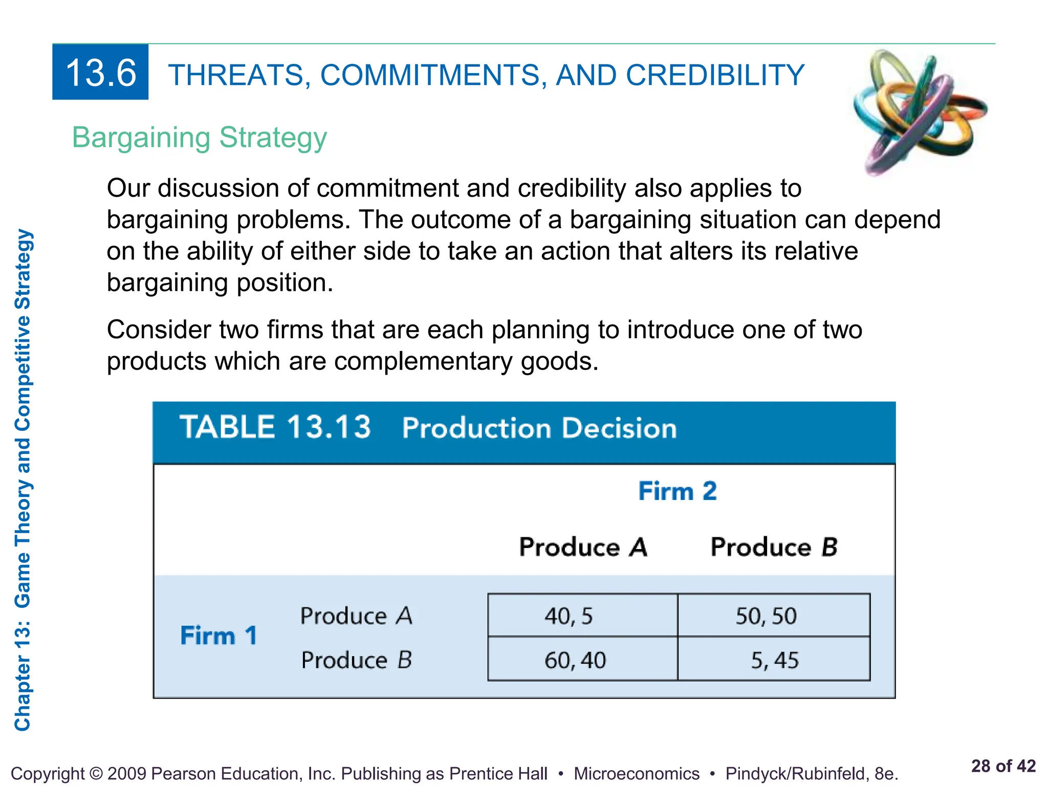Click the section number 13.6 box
click(x=100, y=72)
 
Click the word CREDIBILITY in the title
click(x=715, y=75)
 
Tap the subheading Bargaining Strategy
click(x=199, y=138)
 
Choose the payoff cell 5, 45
click(x=774, y=660)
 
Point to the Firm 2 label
click(x=677, y=491)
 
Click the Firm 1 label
click(x=219, y=636)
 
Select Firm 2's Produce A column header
click(x=583, y=547)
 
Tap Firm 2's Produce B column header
click(x=774, y=547)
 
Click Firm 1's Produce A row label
click(x=356, y=616)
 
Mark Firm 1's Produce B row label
click(x=356, y=660)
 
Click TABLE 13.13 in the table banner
click(x=275, y=427)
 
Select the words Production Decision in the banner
click(x=539, y=428)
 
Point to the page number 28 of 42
click(x=1003, y=766)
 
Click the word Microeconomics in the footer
click(x=636, y=773)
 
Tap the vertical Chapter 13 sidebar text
click(x=23, y=480)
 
